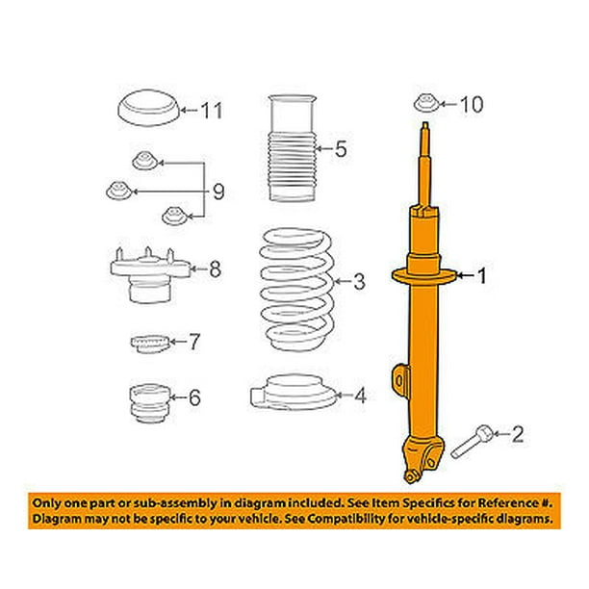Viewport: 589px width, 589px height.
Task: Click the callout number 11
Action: [x=212, y=111]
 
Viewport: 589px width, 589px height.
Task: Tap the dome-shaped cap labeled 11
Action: [x=149, y=108]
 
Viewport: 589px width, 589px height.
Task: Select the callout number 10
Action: [x=472, y=104]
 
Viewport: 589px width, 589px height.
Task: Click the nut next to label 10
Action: [x=426, y=103]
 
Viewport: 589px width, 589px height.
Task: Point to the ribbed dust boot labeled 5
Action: [x=292, y=148]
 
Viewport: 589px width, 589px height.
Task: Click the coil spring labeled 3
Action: [x=296, y=290]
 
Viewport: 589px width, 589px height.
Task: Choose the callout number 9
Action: [x=218, y=192]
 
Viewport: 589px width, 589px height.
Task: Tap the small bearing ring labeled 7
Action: [x=149, y=344]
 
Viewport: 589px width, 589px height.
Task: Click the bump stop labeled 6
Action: [x=149, y=402]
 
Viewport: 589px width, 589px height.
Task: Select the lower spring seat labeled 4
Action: [x=293, y=393]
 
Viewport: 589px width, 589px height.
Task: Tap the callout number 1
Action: [x=481, y=275]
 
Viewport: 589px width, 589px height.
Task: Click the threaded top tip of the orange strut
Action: [x=425, y=126]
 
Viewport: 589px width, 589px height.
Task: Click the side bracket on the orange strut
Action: [x=400, y=380]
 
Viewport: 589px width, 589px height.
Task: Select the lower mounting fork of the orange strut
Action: [x=423, y=459]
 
